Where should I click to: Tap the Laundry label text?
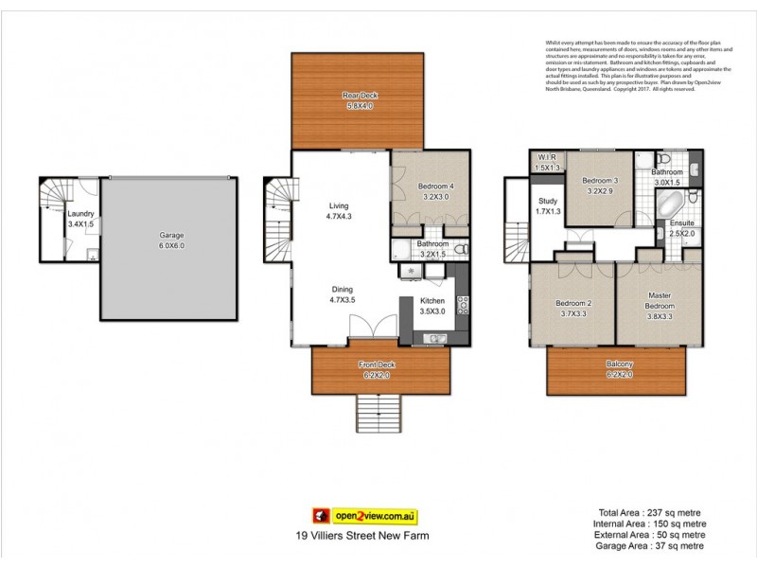[x=80, y=214]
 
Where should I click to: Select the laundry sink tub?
[x=91, y=254]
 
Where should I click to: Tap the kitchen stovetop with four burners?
[x=463, y=305]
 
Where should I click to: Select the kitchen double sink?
[x=436, y=338]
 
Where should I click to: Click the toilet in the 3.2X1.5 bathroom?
[x=461, y=250]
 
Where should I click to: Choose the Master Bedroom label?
[x=659, y=300]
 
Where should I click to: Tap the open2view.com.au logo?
[x=364, y=517]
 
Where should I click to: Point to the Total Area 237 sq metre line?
[x=643, y=512]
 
